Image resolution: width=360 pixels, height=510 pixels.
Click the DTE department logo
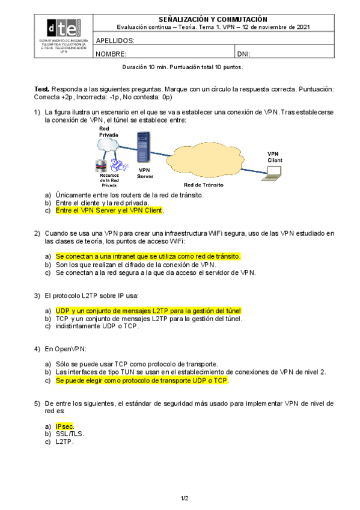point(64,28)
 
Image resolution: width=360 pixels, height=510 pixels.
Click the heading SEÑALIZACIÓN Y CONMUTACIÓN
point(213,19)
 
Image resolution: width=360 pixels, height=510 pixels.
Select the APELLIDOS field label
point(115,41)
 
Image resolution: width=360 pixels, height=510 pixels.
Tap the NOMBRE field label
point(111,54)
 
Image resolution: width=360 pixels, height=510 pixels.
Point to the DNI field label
point(243,54)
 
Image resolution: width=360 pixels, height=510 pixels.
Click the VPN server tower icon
point(144,147)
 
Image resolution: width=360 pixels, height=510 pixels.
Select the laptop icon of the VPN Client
point(272,173)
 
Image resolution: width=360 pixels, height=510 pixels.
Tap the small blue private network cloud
point(108,144)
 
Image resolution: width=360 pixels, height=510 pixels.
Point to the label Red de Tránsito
point(203,185)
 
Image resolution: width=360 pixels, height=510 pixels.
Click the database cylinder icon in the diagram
point(101,165)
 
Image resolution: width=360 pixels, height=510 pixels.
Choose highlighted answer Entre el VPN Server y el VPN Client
point(109,210)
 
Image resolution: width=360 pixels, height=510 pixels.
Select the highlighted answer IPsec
point(64,426)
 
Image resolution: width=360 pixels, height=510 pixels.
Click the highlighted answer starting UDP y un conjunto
point(148,310)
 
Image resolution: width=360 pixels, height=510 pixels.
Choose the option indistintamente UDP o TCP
point(97,326)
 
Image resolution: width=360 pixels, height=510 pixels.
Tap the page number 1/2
point(185,499)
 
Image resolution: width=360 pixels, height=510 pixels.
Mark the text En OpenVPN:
point(66,349)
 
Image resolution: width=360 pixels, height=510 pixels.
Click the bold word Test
point(41,89)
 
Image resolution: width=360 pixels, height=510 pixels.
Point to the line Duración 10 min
point(183,67)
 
